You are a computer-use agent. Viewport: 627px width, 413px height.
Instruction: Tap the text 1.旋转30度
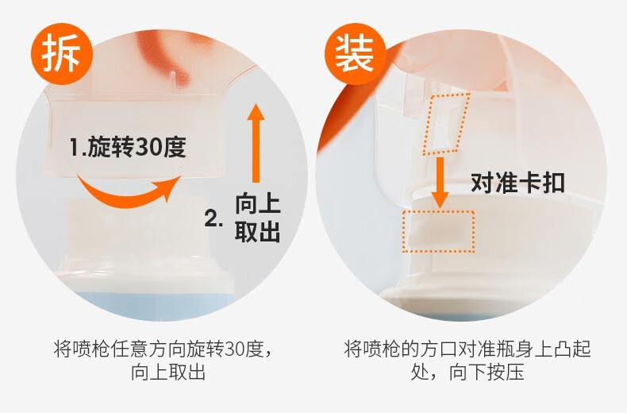(x=128, y=147)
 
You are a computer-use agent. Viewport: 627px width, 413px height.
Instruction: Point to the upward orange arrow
(x=256, y=144)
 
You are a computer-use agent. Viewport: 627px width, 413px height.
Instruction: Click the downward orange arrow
(x=440, y=182)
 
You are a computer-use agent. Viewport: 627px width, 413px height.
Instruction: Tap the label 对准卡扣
(x=518, y=183)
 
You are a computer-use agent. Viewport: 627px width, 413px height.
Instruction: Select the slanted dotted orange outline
(x=447, y=123)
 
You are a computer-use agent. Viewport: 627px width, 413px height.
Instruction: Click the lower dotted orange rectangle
(x=438, y=231)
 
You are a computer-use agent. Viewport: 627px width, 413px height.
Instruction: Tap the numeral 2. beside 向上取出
(x=213, y=218)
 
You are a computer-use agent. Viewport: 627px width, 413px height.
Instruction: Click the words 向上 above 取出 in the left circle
(x=258, y=203)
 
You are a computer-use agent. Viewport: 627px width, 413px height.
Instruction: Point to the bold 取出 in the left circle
(x=258, y=231)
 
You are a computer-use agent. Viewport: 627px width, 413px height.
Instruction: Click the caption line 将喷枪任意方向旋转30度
(x=163, y=349)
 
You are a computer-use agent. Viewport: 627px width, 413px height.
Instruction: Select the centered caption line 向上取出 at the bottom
(x=168, y=372)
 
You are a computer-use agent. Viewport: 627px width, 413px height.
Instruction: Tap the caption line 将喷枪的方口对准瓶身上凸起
(x=467, y=349)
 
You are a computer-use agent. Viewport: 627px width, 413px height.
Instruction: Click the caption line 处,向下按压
(x=467, y=372)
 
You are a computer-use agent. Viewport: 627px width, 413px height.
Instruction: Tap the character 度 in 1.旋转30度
(x=175, y=147)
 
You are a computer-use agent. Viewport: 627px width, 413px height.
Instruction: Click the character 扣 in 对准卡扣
(x=554, y=183)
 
